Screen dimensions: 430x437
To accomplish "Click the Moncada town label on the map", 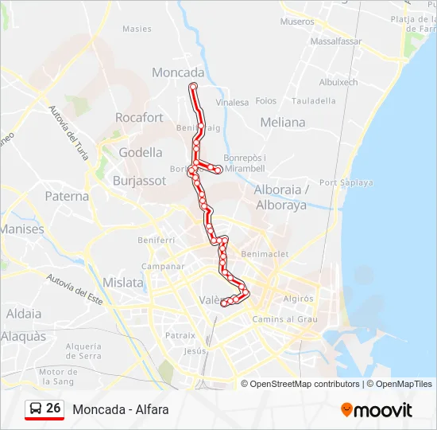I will point(178,72).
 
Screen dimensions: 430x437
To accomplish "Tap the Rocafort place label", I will point(139,118).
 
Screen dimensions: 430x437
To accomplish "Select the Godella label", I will point(140,152).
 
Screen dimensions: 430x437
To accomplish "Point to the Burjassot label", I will point(139,181).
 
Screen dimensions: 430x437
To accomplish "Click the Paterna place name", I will point(67,196).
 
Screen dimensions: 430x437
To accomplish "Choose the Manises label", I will point(22,229).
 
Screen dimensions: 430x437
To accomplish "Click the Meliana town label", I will point(282,123).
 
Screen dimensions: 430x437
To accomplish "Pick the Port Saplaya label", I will point(346,182).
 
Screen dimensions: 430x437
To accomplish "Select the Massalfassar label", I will point(335,41).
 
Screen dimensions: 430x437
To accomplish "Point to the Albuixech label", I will point(338,82).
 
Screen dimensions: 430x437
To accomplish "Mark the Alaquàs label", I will point(23,337).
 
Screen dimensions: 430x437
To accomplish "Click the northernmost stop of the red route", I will point(193,85).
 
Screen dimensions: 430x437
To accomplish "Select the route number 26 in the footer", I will point(53,408).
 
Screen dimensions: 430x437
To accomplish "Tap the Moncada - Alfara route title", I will point(121,409).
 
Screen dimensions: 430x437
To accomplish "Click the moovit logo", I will point(377,410).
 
